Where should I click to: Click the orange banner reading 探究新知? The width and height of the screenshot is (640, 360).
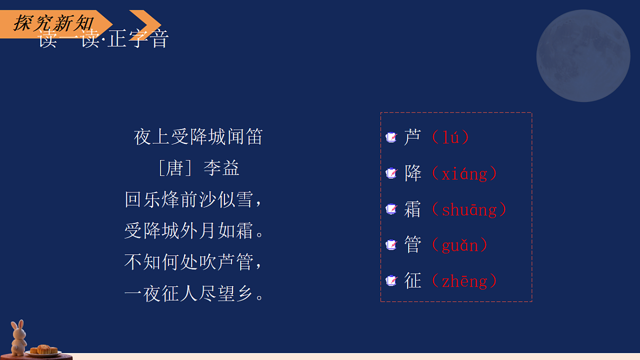click(x=53, y=23)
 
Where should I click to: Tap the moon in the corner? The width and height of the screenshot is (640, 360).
click(x=583, y=55)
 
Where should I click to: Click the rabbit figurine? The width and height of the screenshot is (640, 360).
click(x=19, y=338)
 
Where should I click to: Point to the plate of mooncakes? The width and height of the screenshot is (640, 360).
click(x=43, y=350)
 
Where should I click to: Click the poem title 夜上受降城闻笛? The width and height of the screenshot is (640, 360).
click(x=198, y=137)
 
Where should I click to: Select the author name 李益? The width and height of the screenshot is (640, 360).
click(x=221, y=169)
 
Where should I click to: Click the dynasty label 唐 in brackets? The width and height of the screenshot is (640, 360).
click(x=175, y=169)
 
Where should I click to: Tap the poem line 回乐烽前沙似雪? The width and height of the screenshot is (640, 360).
click(x=194, y=200)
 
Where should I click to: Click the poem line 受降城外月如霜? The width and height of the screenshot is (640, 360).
click(x=194, y=231)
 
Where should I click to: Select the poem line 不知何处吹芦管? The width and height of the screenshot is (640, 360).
click(x=194, y=262)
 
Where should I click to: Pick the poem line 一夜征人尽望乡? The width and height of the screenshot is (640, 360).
click(x=194, y=293)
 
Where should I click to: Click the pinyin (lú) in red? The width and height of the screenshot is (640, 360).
click(x=451, y=138)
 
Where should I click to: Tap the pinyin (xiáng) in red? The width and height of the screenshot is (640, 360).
click(x=464, y=173)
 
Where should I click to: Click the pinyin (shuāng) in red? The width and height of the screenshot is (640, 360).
click(x=469, y=210)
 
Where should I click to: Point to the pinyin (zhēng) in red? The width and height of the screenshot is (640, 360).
click(x=464, y=281)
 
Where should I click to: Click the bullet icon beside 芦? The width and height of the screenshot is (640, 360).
click(x=391, y=138)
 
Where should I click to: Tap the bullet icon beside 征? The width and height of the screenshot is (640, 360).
click(x=391, y=281)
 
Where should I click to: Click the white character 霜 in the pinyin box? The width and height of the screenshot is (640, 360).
click(x=413, y=210)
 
